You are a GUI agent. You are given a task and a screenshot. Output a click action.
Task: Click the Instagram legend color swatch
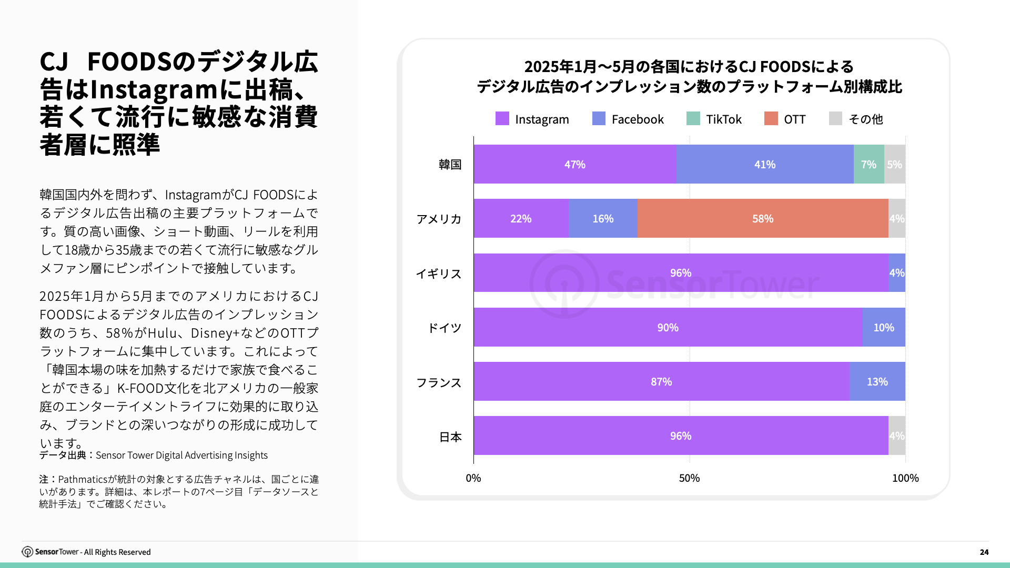(502, 119)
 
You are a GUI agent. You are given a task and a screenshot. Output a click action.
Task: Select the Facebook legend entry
(628, 119)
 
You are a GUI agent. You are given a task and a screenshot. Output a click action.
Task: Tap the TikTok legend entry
(714, 119)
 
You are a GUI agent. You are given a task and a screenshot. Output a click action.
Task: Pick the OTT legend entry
(785, 119)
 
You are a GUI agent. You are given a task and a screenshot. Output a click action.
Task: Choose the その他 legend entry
(856, 119)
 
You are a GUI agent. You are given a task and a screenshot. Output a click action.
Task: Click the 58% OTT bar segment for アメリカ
(762, 218)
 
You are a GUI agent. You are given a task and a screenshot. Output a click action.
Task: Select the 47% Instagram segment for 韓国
(574, 164)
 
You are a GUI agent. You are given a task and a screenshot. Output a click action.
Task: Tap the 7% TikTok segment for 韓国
(868, 164)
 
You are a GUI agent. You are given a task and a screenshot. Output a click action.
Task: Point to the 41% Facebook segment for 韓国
(764, 164)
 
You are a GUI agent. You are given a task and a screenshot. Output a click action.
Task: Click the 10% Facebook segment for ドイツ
(883, 327)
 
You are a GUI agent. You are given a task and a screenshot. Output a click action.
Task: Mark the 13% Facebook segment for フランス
(877, 381)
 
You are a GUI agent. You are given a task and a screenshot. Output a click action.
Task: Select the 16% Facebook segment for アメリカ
(603, 218)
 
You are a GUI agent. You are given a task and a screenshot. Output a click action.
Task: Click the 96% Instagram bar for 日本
(680, 435)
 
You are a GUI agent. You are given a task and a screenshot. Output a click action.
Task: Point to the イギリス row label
(439, 273)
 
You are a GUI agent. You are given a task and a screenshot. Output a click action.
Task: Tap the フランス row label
(439, 382)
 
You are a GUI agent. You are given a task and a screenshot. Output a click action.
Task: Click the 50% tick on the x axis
(689, 478)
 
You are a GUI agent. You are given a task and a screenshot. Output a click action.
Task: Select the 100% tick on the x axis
(905, 478)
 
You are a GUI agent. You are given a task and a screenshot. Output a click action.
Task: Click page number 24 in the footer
(984, 552)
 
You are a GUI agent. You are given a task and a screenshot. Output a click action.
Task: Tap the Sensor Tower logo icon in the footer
(27, 552)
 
